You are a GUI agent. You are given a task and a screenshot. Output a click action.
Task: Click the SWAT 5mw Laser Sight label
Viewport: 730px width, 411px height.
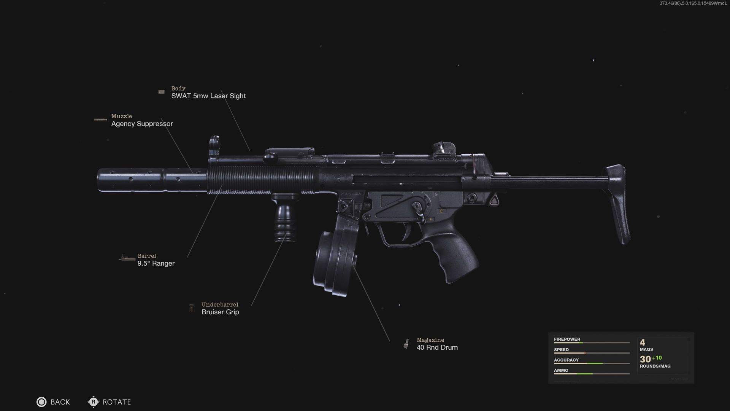(208, 96)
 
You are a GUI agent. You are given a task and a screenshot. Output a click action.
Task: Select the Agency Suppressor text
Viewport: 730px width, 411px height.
(142, 124)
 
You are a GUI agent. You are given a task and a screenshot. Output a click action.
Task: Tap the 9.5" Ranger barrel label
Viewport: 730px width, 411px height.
(156, 263)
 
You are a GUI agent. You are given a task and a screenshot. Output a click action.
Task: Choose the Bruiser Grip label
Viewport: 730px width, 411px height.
(220, 312)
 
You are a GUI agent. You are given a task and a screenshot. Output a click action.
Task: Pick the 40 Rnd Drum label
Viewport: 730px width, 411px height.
(437, 347)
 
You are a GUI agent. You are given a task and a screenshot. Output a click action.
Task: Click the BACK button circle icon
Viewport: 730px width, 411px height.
(41, 402)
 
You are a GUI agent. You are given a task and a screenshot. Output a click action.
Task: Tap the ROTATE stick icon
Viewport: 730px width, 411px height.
(93, 402)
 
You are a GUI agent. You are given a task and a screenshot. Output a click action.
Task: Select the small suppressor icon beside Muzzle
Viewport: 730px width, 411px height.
(100, 120)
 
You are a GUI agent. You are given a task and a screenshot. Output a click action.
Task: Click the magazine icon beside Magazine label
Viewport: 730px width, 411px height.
(406, 344)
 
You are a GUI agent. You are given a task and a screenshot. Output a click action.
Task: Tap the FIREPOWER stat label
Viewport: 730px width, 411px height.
(567, 339)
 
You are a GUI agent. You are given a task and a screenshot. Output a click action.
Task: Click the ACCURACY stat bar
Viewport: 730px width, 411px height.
(591, 363)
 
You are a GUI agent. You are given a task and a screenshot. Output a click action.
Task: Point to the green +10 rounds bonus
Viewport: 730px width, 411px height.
(657, 358)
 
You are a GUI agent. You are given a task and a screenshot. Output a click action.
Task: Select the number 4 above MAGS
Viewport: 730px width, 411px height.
(643, 342)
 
